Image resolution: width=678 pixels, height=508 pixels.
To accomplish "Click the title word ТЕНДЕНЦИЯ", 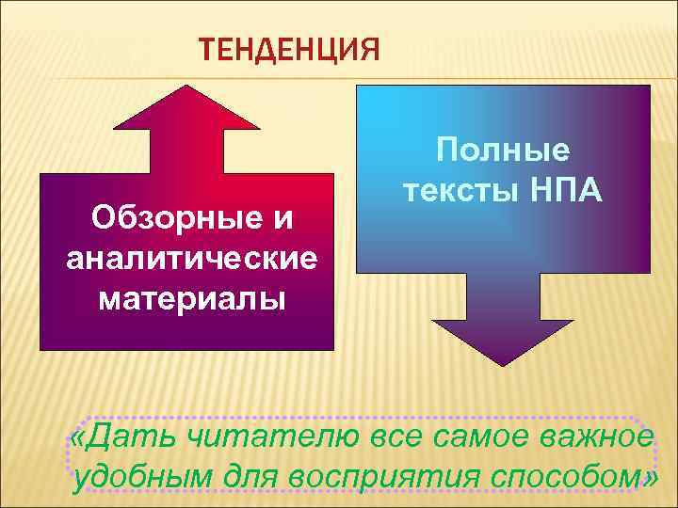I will click(x=289, y=47).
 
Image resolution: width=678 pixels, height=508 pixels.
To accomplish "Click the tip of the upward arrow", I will click(x=185, y=87).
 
